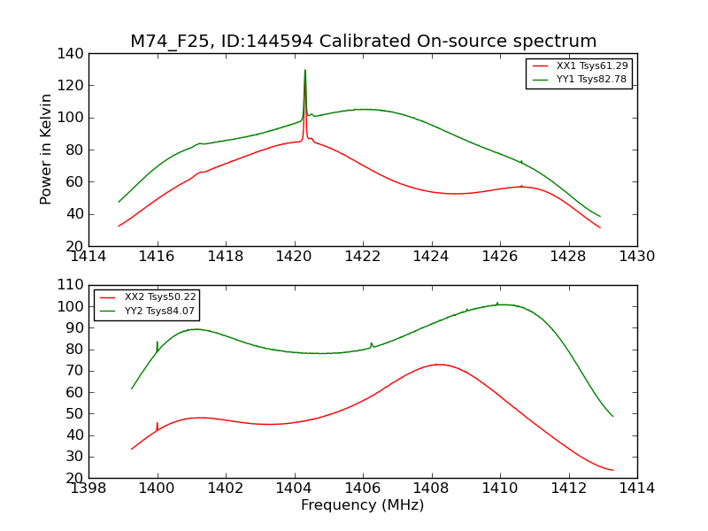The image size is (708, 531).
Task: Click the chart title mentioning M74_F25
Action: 363,42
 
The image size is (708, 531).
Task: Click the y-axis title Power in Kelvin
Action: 46,149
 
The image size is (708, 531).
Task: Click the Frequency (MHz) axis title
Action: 363,505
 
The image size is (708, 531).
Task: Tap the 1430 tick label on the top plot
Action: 637,257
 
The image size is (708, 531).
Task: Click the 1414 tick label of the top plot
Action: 89,257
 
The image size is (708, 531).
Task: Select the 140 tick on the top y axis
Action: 73,54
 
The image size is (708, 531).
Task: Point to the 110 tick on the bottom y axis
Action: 73,285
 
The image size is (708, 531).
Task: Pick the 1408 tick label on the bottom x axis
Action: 432,489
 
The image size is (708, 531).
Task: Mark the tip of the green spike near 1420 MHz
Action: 305,71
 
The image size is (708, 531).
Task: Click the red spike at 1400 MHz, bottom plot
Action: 158,424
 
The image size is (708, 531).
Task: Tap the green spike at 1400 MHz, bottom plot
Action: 158,342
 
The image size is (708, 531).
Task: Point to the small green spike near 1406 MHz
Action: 372,343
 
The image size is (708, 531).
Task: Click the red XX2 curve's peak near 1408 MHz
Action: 438,364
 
